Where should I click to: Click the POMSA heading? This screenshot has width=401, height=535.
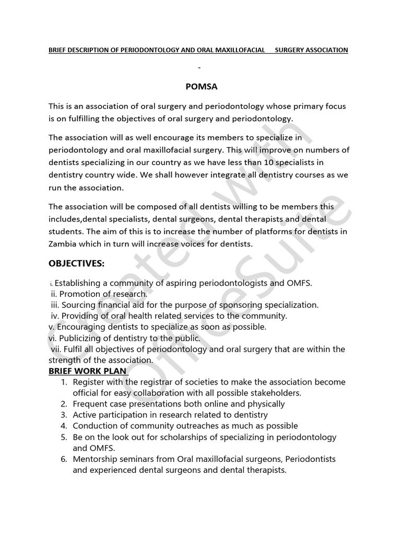(200, 86)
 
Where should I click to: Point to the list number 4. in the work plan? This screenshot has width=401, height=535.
(64, 426)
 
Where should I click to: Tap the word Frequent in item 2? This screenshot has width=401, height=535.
(90, 404)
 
